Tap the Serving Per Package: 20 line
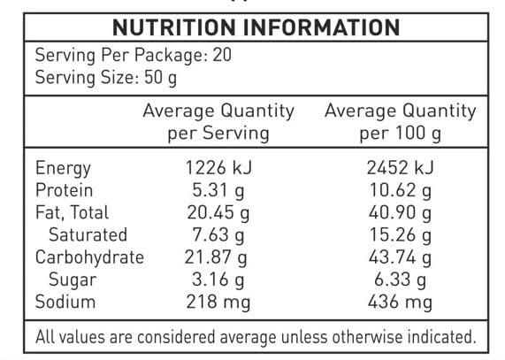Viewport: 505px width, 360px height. click(x=132, y=57)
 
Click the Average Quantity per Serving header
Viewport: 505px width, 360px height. click(x=218, y=122)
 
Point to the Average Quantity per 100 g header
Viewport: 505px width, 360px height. click(x=400, y=122)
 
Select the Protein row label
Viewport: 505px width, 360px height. click(x=65, y=190)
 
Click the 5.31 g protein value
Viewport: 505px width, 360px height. click(x=218, y=190)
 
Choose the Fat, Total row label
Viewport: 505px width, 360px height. click(x=73, y=212)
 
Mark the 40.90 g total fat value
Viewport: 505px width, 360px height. click(x=399, y=212)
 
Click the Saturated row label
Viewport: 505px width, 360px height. click(x=88, y=235)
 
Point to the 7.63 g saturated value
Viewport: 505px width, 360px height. click(x=218, y=235)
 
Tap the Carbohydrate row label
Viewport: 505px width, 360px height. click(x=89, y=257)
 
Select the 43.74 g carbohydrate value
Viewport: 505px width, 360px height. click(x=399, y=257)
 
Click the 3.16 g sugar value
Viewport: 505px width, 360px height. click(x=218, y=280)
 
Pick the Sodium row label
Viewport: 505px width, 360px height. click(x=65, y=303)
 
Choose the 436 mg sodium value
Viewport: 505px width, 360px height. click(x=399, y=303)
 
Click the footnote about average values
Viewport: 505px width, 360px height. click(x=255, y=337)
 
